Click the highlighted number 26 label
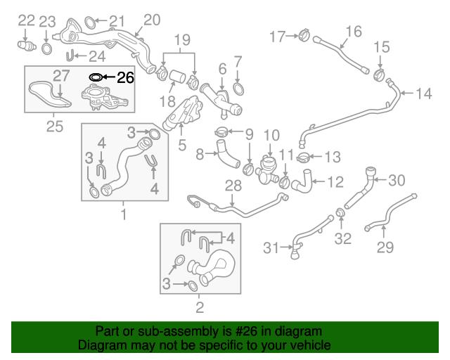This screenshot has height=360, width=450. coord(124,77)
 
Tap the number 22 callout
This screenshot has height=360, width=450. coord(25,20)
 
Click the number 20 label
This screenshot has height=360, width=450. coord(151,20)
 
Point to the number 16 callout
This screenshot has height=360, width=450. coord(354,31)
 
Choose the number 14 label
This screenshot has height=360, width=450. coord(424,94)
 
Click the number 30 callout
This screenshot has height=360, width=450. coord(397,181)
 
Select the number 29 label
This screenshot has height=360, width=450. coord(385,247)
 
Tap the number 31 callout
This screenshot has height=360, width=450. coord(271,247)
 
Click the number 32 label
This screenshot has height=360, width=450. coord(342,239)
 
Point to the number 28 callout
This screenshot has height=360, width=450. coord(233,186)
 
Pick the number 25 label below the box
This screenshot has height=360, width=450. coord(54,127)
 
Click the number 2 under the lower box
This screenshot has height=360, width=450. coord(199,307)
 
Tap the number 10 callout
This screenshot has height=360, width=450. coord(271,134)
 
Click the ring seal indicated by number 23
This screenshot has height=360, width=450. coord(46,49)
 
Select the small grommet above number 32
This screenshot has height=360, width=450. coord(339,213)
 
